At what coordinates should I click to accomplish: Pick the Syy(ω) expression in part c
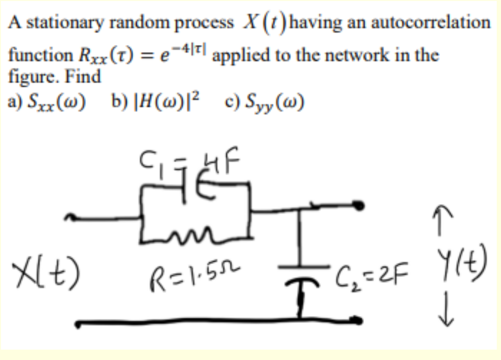point(273,101)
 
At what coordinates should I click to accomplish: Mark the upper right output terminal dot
point(360,205)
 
